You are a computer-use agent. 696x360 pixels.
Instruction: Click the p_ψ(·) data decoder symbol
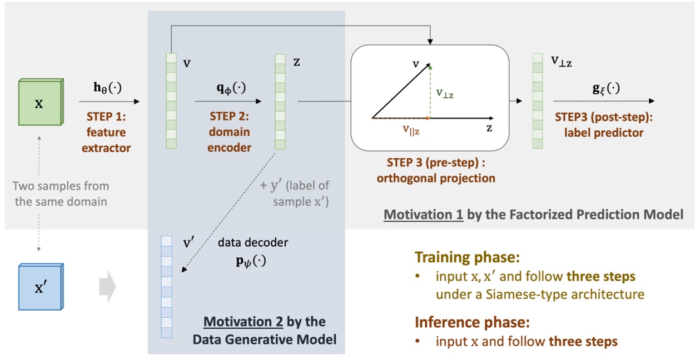(x=248, y=259)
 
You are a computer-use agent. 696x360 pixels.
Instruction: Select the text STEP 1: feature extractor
(x=106, y=132)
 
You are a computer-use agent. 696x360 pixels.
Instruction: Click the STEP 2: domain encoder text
(x=230, y=132)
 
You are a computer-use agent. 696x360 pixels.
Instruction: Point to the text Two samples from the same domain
(x=61, y=193)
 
